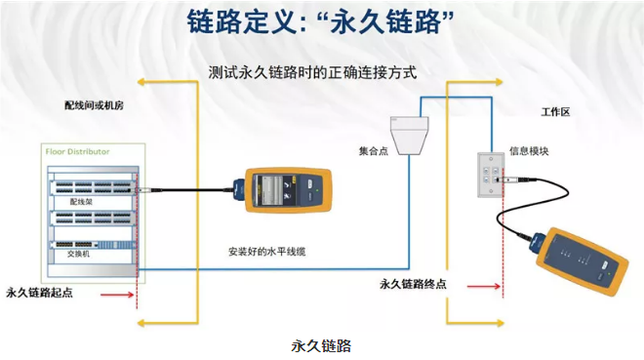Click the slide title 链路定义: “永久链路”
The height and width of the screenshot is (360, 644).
click(320, 21)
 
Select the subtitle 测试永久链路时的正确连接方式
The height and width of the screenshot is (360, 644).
click(312, 72)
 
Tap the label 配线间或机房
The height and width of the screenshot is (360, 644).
click(94, 105)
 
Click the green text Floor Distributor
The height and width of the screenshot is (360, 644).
click(78, 151)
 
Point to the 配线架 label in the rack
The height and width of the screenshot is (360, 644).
click(81, 202)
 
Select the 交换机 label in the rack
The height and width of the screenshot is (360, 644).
click(78, 254)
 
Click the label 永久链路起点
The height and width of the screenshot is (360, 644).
click(39, 293)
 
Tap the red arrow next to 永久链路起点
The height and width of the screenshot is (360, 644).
click(117, 295)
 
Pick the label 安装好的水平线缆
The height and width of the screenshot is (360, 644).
click(267, 252)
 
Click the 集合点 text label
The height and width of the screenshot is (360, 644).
click(374, 151)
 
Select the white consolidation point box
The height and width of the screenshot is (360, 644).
click(409, 136)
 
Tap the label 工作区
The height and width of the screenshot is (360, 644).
click(556, 112)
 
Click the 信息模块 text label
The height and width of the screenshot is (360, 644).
click(529, 151)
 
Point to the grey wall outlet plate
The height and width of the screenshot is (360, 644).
click(491, 175)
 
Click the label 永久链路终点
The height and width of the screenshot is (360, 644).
click(413, 284)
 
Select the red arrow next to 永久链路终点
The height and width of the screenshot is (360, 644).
click(484, 286)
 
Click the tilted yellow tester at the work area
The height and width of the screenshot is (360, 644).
click(579, 260)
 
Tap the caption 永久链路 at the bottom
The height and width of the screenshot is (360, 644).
click(321, 345)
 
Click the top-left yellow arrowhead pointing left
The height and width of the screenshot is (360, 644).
click(141, 82)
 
